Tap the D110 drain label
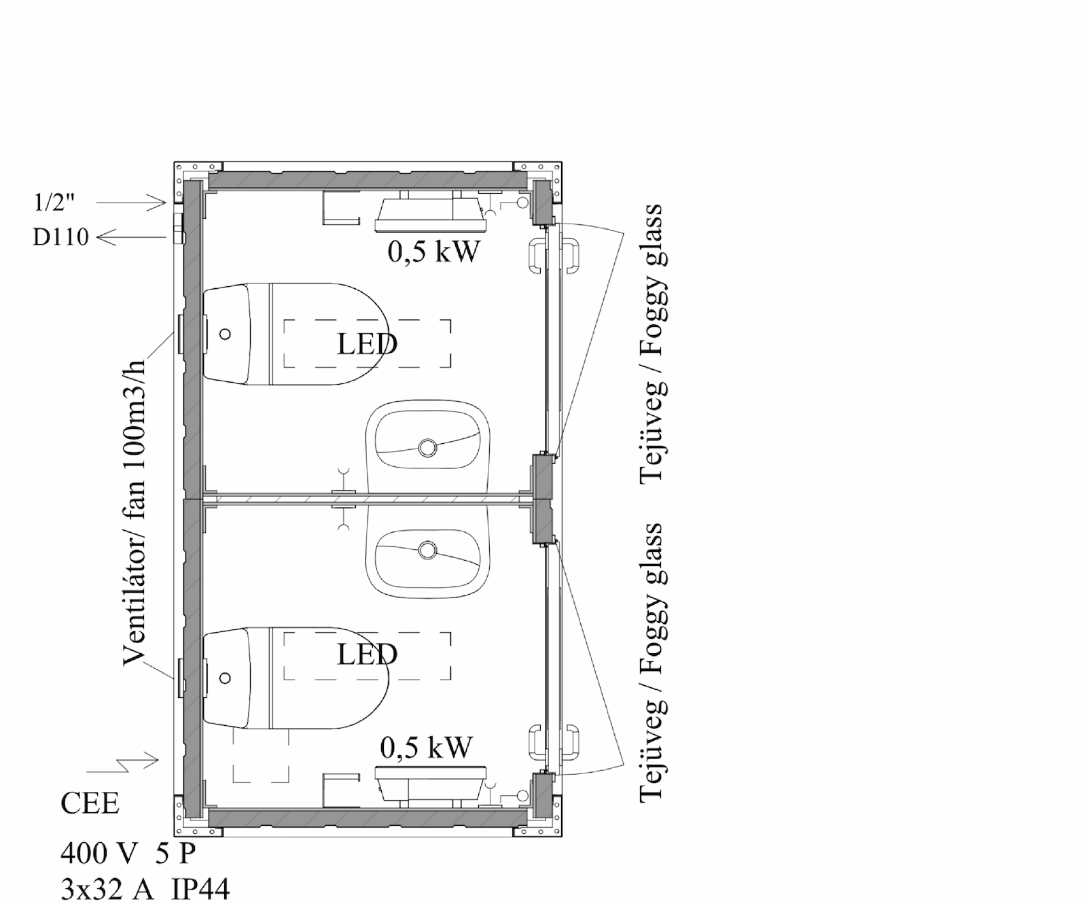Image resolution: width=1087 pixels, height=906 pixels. (60, 238)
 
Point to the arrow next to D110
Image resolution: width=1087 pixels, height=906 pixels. (131, 237)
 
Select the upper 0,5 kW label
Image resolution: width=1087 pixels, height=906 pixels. (433, 252)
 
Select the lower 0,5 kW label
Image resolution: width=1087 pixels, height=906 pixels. (425, 748)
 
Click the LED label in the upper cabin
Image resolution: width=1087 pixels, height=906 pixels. (367, 344)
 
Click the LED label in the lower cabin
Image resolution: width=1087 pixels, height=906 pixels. (367, 655)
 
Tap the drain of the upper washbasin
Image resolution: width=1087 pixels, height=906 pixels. (427, 447)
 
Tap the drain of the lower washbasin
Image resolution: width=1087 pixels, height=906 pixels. (427, 550)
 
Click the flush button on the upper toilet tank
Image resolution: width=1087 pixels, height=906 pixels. (226, 334)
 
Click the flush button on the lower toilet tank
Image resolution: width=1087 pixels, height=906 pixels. (226, 678)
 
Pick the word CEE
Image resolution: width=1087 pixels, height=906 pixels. (90, 804)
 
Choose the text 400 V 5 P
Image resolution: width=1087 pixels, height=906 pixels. (128, 852)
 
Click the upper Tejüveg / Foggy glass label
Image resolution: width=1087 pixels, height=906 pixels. (652, 343)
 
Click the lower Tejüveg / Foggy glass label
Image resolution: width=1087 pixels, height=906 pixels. (652, 663)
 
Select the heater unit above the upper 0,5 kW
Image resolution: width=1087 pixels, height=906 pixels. (431, 213)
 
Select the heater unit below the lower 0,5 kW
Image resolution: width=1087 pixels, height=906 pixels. (431, 783)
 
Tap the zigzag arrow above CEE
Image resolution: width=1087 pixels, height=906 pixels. (123, 767)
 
